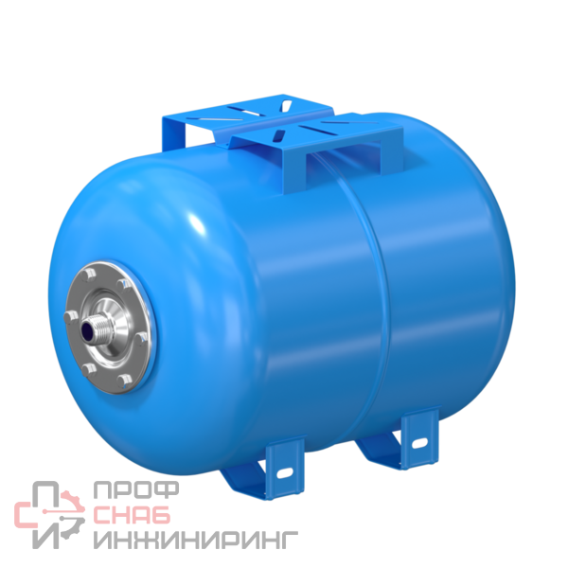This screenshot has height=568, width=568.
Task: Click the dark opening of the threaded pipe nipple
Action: point(86,331)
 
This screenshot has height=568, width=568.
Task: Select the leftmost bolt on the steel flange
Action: point(71,317)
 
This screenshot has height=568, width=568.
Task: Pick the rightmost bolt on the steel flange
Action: point(140,339)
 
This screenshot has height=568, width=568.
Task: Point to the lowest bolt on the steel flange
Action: point(124,381)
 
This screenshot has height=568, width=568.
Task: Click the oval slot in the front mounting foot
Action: point(284,472)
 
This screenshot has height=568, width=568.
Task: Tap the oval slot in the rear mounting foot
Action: point(419,443)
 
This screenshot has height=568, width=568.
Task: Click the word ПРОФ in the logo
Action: point(136,489)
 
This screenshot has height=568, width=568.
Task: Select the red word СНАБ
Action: point(132,515)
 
